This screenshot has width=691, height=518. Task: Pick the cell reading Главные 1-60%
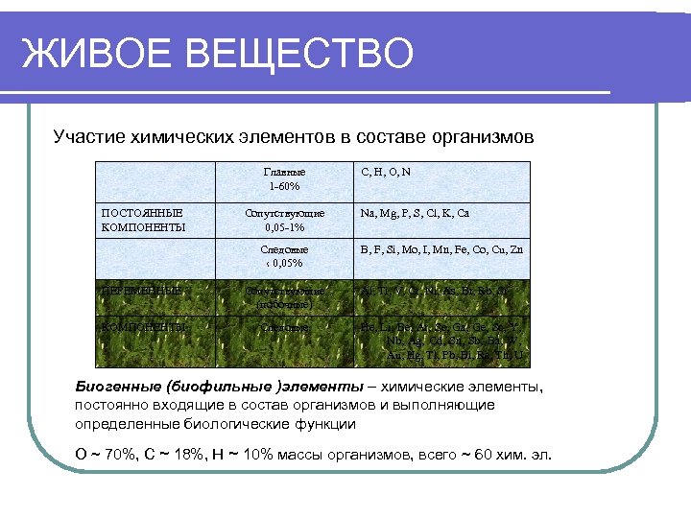coord(284,178)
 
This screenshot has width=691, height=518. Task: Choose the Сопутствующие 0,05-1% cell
coord(284,220)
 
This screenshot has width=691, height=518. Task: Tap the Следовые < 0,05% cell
coord(284,255)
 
